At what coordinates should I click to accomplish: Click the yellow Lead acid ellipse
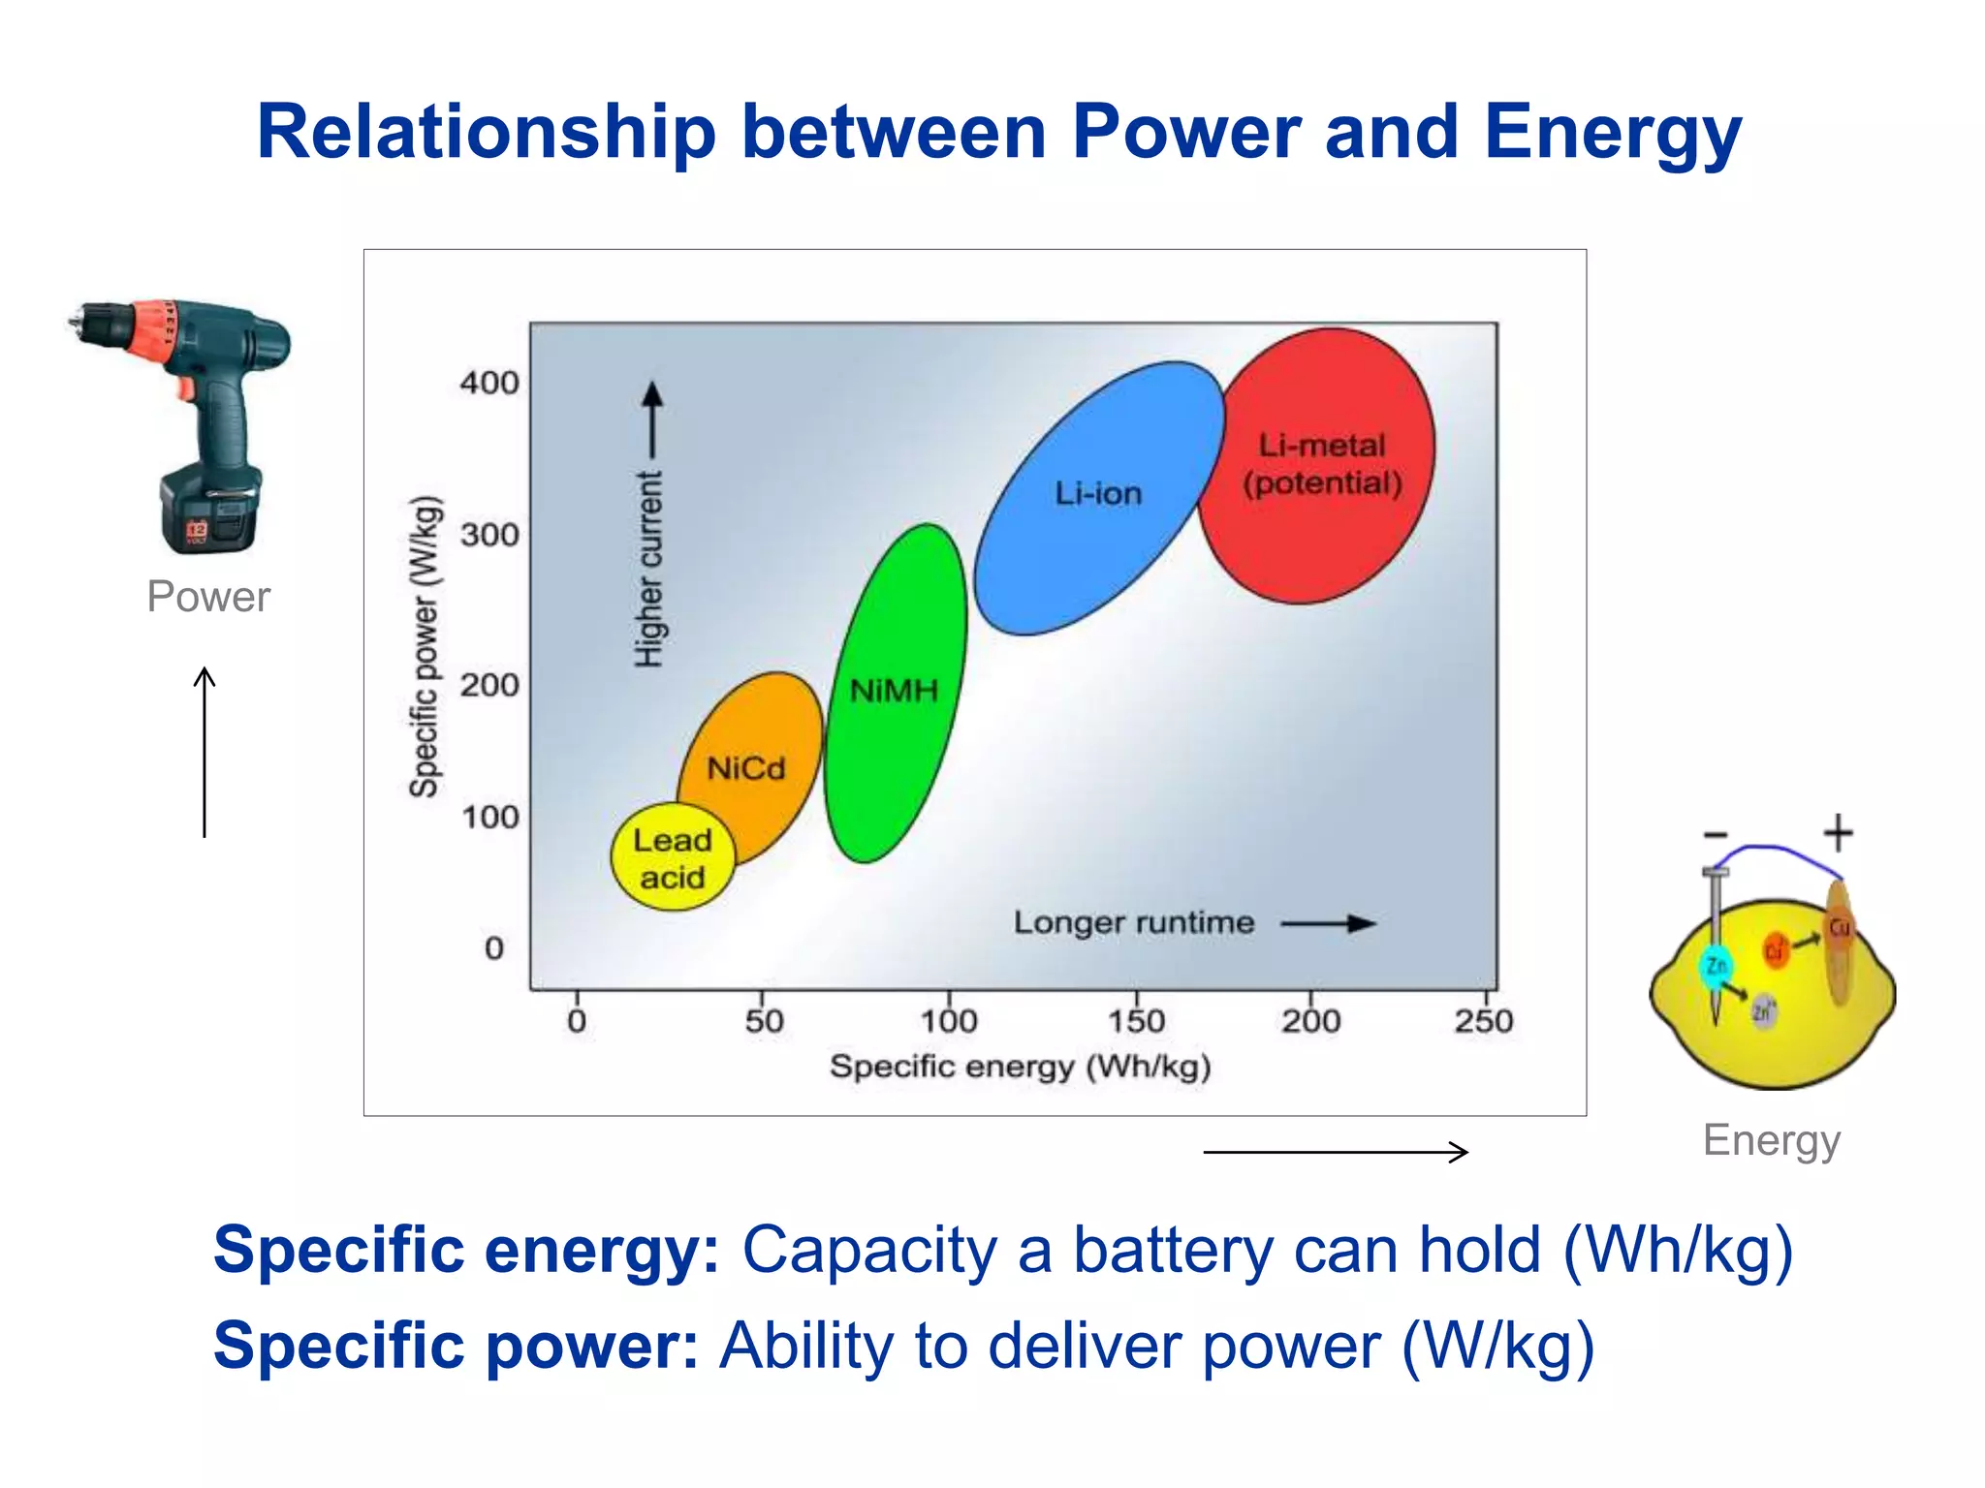tap(672, 858)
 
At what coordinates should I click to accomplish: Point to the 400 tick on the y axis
tap(489, 383)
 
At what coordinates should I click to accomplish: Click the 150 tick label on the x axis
tap(1136, 1021)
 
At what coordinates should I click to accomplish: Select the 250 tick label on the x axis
tap(1483, 1021)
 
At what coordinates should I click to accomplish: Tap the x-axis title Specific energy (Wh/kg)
tap(1020, 1067)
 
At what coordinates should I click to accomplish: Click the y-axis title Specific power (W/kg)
tap(425, 646)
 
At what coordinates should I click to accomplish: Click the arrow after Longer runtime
tap(1328, 923)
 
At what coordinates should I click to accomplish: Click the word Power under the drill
tap(208, 596)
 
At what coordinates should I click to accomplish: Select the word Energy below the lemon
tap(1771, 1140)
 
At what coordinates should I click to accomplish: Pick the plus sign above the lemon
tap(1838, 833)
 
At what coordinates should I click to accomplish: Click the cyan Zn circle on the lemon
tap(1717, 966)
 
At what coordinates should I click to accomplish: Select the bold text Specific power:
tap(456, 1346)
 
